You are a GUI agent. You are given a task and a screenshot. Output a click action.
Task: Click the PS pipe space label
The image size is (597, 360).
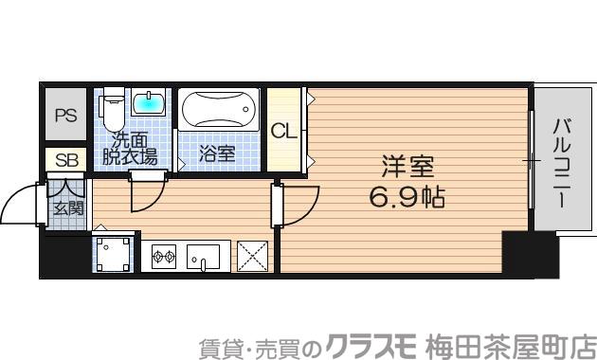65,117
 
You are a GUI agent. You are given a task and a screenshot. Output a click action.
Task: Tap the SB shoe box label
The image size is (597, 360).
65,160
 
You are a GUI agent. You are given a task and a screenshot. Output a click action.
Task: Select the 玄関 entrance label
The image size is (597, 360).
66,208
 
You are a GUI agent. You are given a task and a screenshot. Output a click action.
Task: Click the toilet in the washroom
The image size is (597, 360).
112,109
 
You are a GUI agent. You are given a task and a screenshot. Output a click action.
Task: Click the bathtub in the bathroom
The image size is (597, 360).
219,110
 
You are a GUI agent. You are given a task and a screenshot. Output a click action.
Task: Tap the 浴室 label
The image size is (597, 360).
217,153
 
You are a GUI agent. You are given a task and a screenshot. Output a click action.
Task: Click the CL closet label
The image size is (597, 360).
283,131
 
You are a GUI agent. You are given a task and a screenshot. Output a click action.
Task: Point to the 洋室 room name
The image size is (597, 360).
407,168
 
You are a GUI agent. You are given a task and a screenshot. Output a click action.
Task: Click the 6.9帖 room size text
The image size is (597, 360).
407,199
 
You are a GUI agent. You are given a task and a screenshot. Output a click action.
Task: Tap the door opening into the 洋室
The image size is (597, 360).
299,204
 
